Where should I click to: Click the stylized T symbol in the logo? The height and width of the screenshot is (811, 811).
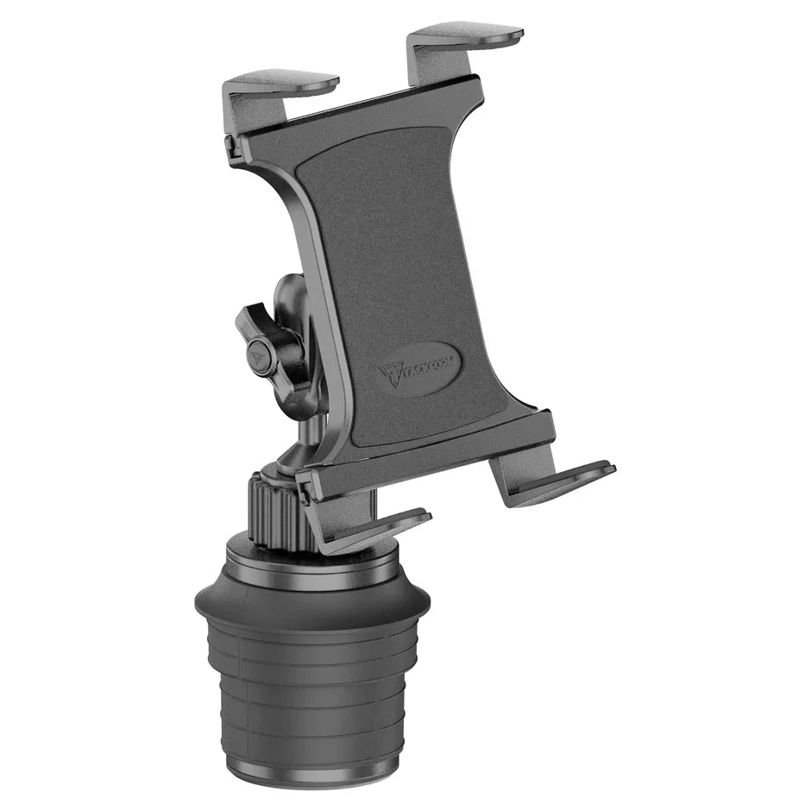(x=390, y=376)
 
